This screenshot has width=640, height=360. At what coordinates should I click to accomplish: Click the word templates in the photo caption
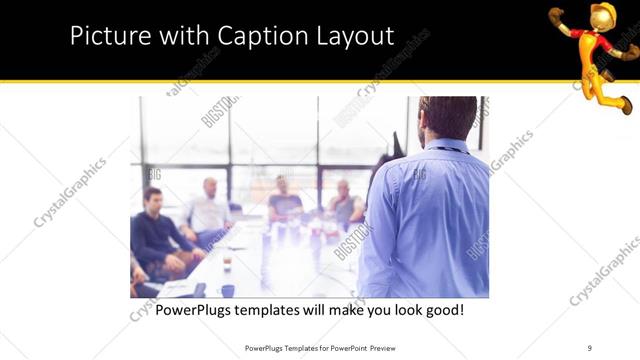click(282, 310)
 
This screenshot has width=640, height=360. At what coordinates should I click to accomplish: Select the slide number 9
click(589, 347)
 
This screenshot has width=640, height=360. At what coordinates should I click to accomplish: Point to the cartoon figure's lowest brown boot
click(623, 103)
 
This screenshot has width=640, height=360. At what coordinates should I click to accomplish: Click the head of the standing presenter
click(446, 118)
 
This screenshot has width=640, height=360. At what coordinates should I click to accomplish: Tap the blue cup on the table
click(228, 290)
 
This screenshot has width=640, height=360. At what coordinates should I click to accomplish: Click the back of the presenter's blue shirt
click(425, 220)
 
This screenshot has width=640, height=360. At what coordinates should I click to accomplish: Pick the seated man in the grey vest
click(344, 205)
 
